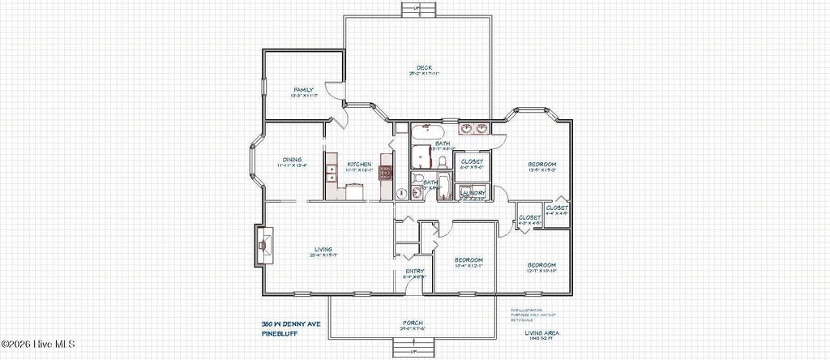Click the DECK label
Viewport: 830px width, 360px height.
tap(422, 68)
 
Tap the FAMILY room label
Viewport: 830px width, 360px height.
tap(303, 90)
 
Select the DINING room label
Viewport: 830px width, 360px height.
tap(292, 160)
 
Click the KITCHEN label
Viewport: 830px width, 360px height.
tap(358, 164)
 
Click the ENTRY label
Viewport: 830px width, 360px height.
tap(414, 271)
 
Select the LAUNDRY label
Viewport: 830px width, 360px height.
tap(472, 192)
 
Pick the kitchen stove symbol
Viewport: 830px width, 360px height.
tap(385, 172)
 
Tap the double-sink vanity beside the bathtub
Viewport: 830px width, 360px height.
tap(474, 128)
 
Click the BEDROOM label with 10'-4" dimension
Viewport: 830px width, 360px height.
tap(468, 260)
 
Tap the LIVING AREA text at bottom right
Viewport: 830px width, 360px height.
tap(542, 332)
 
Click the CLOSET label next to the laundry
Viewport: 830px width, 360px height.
tap(472, 161)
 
